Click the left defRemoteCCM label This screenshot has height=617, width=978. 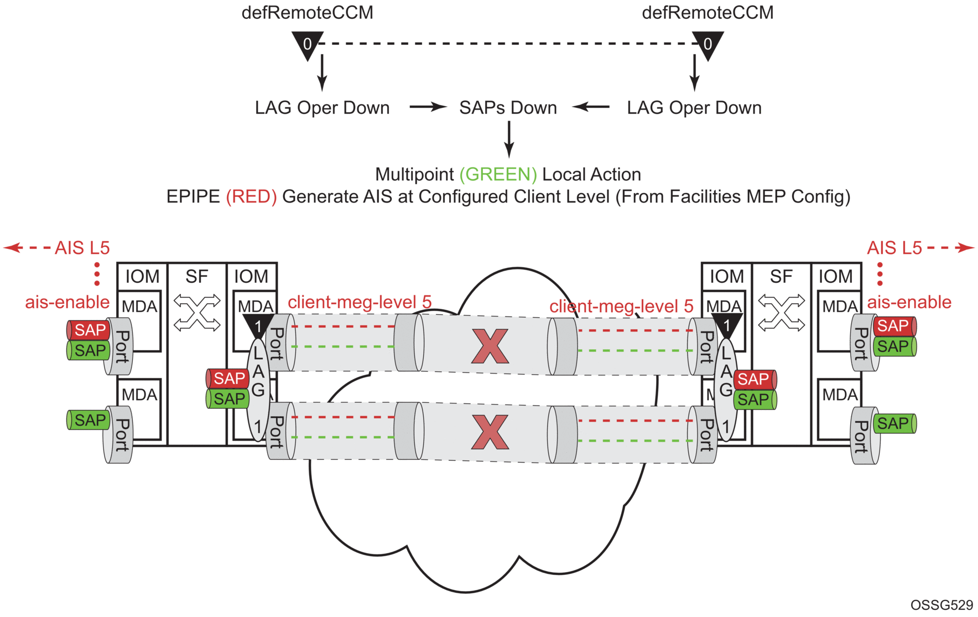(307, 13)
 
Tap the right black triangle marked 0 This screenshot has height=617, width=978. (708, 44)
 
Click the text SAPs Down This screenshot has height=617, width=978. (508, 107)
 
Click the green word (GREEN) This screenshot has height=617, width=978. (498, 174)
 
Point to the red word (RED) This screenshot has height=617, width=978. (251, 196)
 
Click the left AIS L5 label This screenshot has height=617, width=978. (82, 247)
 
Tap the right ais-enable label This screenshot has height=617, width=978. (909, 302)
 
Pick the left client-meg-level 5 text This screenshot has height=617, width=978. (360, 302)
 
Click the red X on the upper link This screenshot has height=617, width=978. (490, 346)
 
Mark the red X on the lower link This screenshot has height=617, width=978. (490, 432)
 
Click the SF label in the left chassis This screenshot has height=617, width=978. (196, 276)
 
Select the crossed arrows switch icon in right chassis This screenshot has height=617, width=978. (781, 313)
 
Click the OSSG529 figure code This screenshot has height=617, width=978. (941, 605)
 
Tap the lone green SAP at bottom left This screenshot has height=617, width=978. (89, 420)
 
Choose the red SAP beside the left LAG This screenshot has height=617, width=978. (228, 379)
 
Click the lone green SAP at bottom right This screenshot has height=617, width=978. (893, 423)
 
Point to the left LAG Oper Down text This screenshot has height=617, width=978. (322, 107)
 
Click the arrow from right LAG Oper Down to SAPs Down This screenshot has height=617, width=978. (591, 107)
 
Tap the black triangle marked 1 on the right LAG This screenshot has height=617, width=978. (726, 324)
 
